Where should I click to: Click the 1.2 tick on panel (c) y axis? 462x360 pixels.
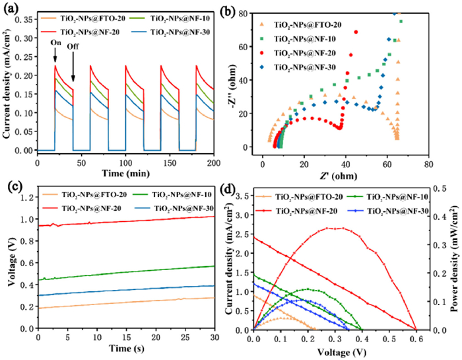tap(26, 197)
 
